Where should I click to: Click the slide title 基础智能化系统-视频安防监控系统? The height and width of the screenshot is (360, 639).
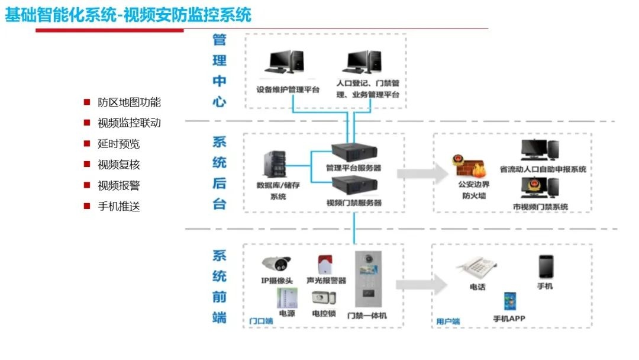click(x=128, y=14)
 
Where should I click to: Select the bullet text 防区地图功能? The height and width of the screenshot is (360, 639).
click(x=129, y=102)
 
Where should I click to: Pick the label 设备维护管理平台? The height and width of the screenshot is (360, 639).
click(x=288, y=90)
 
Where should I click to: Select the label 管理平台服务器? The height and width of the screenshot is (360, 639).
click(x=353, y=168)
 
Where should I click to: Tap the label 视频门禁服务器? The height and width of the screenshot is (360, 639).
click(x=353, y=202)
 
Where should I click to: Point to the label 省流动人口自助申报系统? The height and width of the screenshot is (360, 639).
click(x=543, y=169)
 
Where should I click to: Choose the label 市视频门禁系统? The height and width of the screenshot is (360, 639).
click(x=540, y=207)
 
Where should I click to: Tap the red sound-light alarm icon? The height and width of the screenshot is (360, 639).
click(x=325, y=264)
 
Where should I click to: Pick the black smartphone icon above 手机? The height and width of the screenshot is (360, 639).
click(x=545, y=266)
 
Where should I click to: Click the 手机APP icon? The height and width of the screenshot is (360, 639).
click(x=509, y=301)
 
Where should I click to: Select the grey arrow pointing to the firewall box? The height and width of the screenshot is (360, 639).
click(x=422, y=173)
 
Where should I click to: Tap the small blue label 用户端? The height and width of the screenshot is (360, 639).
click(x=448, y=322)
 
